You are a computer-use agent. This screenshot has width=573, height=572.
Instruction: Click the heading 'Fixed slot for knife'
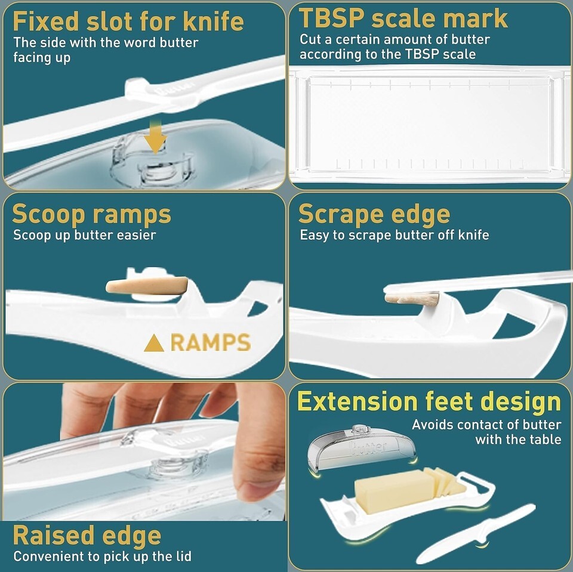(128, 21)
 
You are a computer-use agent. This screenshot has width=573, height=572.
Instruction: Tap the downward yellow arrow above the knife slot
(155, 138)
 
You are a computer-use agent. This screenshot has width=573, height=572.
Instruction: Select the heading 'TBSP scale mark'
(403, 18)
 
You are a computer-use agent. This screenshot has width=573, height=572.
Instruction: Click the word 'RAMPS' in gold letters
(211, 342)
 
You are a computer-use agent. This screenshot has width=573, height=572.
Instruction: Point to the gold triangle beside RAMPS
(154, 344)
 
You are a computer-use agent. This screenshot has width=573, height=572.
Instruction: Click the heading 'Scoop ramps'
(91, 214)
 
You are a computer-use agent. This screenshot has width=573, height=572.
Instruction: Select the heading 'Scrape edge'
(374, 214)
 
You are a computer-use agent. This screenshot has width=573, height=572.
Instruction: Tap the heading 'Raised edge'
(87, 536)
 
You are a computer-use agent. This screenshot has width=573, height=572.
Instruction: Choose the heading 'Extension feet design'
(429, 402)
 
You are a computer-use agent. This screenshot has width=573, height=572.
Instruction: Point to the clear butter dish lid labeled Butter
(362, 449)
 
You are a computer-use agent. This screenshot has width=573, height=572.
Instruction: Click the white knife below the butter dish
(477, 534)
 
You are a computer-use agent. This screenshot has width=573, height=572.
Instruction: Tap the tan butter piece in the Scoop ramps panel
(147, 285)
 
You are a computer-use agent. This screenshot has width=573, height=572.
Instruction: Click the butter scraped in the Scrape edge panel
(412, 298)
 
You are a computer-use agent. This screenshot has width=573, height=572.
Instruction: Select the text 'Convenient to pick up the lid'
(102, 556)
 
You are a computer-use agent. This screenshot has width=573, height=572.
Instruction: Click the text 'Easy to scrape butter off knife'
(395, 235)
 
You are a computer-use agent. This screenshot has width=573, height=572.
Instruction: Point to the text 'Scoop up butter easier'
(84, 235)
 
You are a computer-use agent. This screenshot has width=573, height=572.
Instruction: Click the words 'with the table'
(518, 439)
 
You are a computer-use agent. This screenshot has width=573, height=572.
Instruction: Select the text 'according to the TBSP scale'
(388, 54)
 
